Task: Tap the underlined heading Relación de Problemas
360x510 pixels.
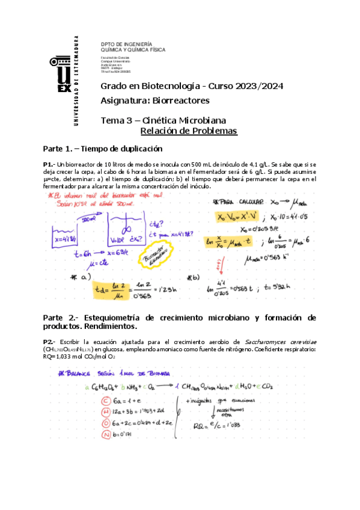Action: [189, 131]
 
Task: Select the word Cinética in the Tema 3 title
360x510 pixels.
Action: [159, 120]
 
